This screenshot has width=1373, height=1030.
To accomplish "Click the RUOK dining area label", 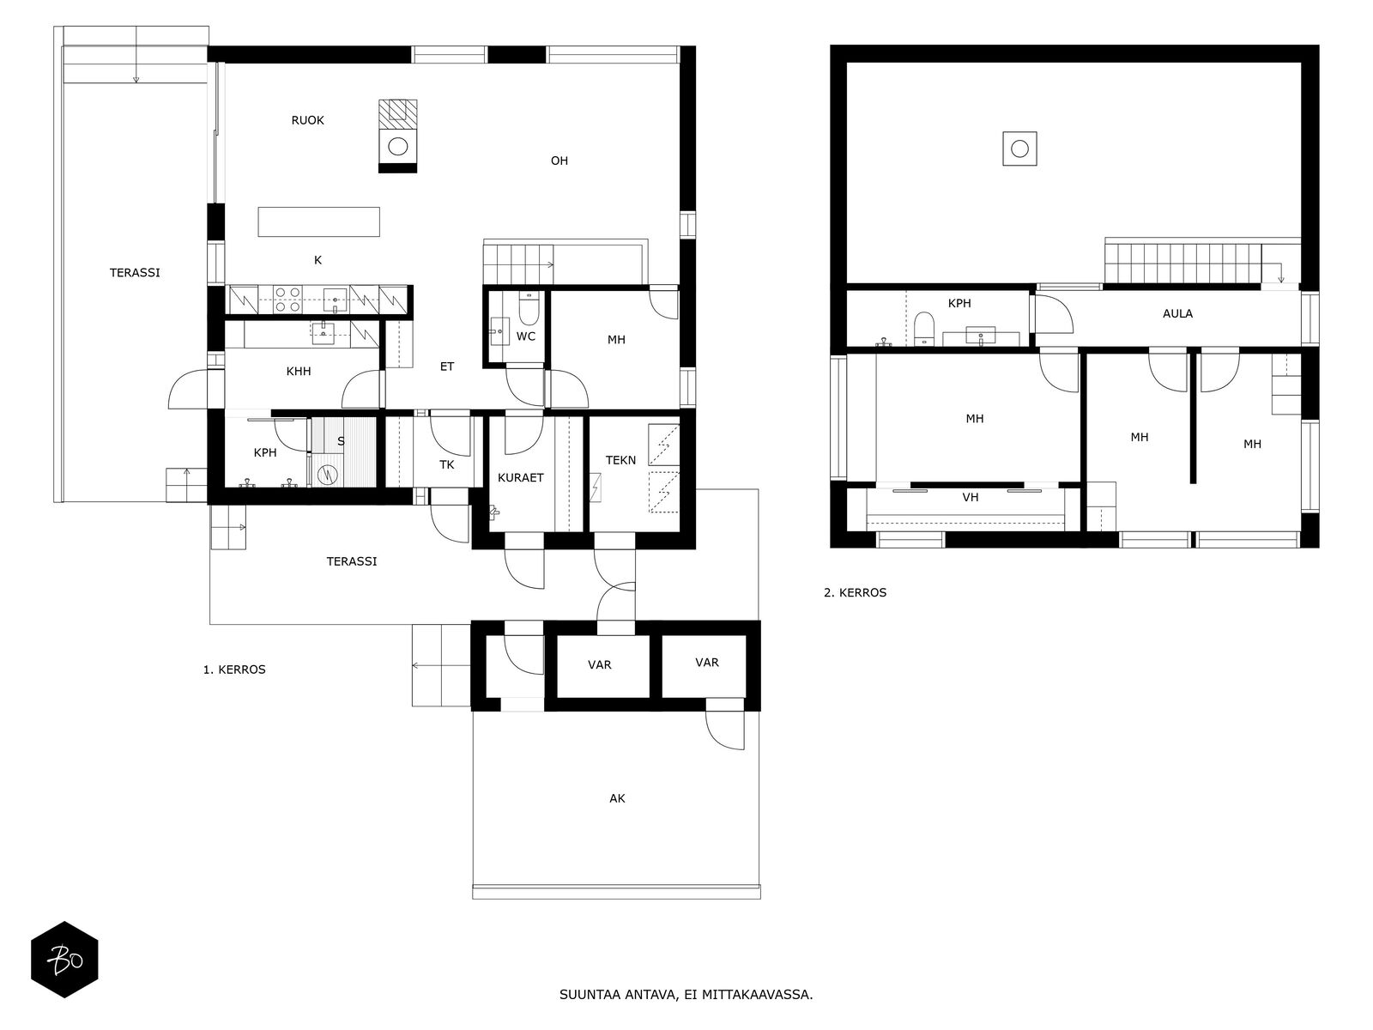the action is coord(307,120).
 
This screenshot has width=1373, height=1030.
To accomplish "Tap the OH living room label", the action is coord(559,161).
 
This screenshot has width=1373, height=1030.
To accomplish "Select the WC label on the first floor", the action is coord(525,336).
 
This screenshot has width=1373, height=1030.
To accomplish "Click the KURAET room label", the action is coord(520,478).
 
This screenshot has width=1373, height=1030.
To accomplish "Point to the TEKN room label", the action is coord(620,460).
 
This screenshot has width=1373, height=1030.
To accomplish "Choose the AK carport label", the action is coord(617,798).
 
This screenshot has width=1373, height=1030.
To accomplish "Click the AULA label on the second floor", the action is coord(1177,314).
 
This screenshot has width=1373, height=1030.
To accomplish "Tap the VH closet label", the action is coord(971,498).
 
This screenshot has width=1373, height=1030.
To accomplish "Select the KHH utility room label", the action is coord(299,372).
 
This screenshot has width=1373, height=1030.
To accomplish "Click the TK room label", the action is coord(446,464).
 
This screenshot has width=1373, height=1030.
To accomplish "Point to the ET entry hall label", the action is coord(446,367).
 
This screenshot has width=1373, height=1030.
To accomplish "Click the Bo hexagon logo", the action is coord(64,960).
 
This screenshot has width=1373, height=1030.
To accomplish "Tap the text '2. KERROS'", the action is coord(855,593).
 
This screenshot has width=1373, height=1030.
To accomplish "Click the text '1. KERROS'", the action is coord(234,669).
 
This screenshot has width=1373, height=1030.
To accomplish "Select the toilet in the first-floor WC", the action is coord(529,310).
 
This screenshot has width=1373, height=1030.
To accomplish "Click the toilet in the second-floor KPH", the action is coord(923,329).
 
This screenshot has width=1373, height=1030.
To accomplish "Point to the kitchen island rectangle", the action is coord(319,222).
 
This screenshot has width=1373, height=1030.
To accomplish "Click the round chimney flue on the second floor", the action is coord(1019,148).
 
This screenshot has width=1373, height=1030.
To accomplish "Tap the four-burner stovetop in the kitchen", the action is coord(287,300).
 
